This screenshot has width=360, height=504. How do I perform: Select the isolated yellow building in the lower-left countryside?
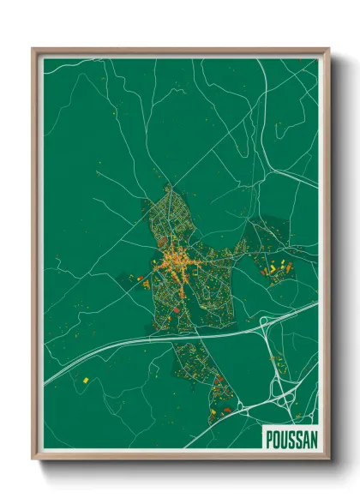coord(86,378)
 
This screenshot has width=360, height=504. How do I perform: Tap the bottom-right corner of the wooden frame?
coord(328,459)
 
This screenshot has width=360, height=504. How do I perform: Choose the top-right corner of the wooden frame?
coord(328,50)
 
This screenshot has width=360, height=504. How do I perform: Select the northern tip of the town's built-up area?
coord(170,186)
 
